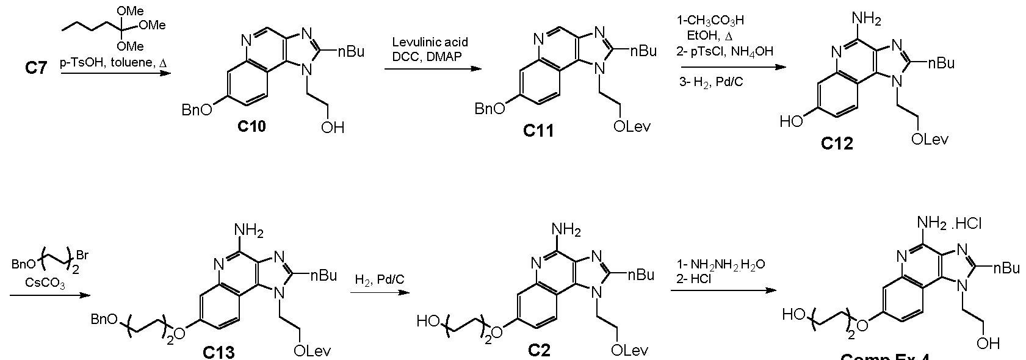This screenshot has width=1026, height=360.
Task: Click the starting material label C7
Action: click(x=35, y=67)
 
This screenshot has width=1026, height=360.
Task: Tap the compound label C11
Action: click(x=538, y=130)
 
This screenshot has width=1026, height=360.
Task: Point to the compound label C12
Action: click(x=837, y=143)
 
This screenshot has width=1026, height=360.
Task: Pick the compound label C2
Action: click(x=539, y=350)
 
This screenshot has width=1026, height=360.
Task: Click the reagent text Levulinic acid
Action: click(x=430, y=42)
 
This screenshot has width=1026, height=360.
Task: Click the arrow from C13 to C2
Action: click(x=378, y=292)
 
